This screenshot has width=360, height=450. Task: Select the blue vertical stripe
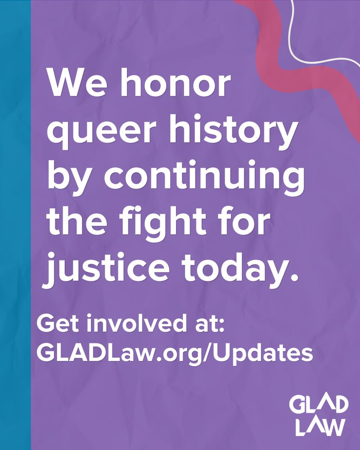tap(15, 225)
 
